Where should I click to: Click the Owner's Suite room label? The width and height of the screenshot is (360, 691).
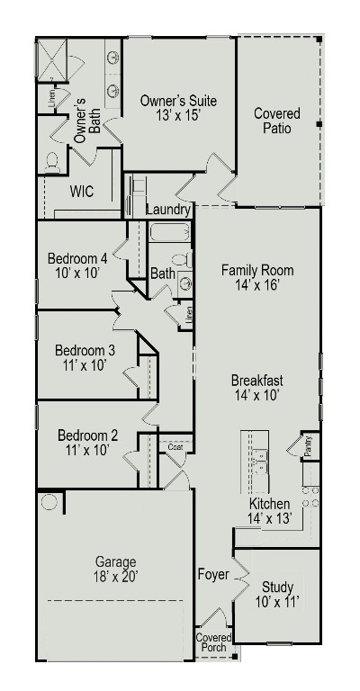tap(178, 102)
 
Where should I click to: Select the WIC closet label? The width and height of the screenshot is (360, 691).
tap(83, 192)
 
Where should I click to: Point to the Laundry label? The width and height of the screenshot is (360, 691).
tap(168, 210)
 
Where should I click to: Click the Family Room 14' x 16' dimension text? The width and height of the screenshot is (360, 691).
tap(256, 284)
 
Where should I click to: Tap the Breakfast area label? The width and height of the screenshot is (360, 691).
tap(256, 381)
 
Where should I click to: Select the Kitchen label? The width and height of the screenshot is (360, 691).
tap(269, 503)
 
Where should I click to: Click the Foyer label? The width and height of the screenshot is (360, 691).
tap(212, 573)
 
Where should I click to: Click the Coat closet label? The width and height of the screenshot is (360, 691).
tap(175, 446)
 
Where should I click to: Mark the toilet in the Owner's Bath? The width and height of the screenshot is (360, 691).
tap(52, 162)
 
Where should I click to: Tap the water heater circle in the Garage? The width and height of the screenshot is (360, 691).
tap(49, 501)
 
